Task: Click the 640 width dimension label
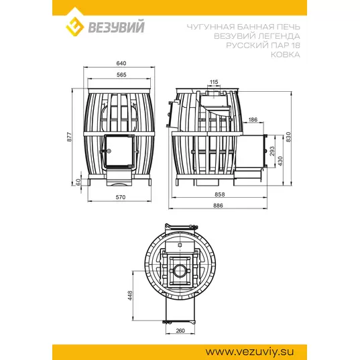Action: pos(121,64)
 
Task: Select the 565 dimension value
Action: pos(121,75)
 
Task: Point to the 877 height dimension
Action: pos(70,137)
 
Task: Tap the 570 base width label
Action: pos(121,197)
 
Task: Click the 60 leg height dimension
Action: pos(78,182)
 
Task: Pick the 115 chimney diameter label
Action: pos(214,82)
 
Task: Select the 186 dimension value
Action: pos(253,119)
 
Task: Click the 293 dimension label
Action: pos(272,151)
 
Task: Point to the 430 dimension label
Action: pos(280,161)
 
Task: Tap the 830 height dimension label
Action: pos(288,137)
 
